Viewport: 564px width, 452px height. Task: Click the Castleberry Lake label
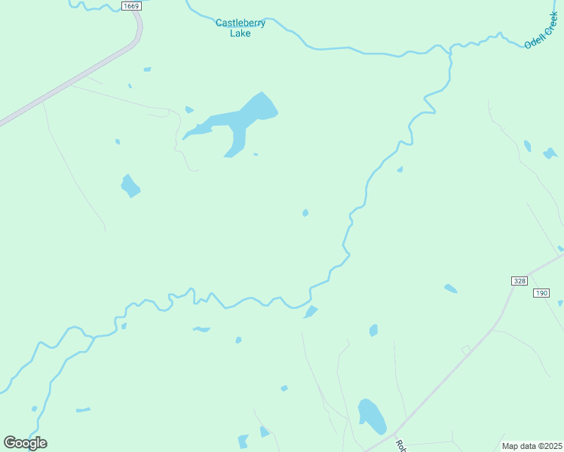coord(241,28)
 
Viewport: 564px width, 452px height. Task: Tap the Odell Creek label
coord(541,30)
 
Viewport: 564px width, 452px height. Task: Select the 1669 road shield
coord(130,6)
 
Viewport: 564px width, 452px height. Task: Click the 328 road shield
coord(519,281)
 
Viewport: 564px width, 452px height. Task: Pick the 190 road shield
coord(541,292)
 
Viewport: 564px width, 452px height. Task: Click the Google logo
coord(26,442)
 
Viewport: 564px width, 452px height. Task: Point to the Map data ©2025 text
coord(532,446)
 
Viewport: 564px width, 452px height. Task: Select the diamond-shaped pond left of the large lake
coord(130,185)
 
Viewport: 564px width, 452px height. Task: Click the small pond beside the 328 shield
coord(450,289)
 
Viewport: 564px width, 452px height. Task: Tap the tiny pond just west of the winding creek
coord(305,213)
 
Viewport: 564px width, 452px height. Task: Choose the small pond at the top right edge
coord(550,154)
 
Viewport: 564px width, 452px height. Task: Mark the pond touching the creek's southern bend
coord(310,312)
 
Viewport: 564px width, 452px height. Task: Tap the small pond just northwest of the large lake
coord(189,110)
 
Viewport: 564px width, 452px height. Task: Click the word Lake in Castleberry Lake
coord(241,33)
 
